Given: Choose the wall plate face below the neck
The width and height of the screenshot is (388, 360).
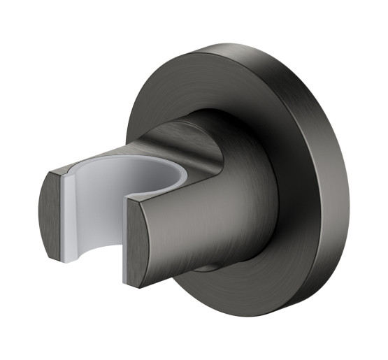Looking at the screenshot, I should click(x=231, y=294).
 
